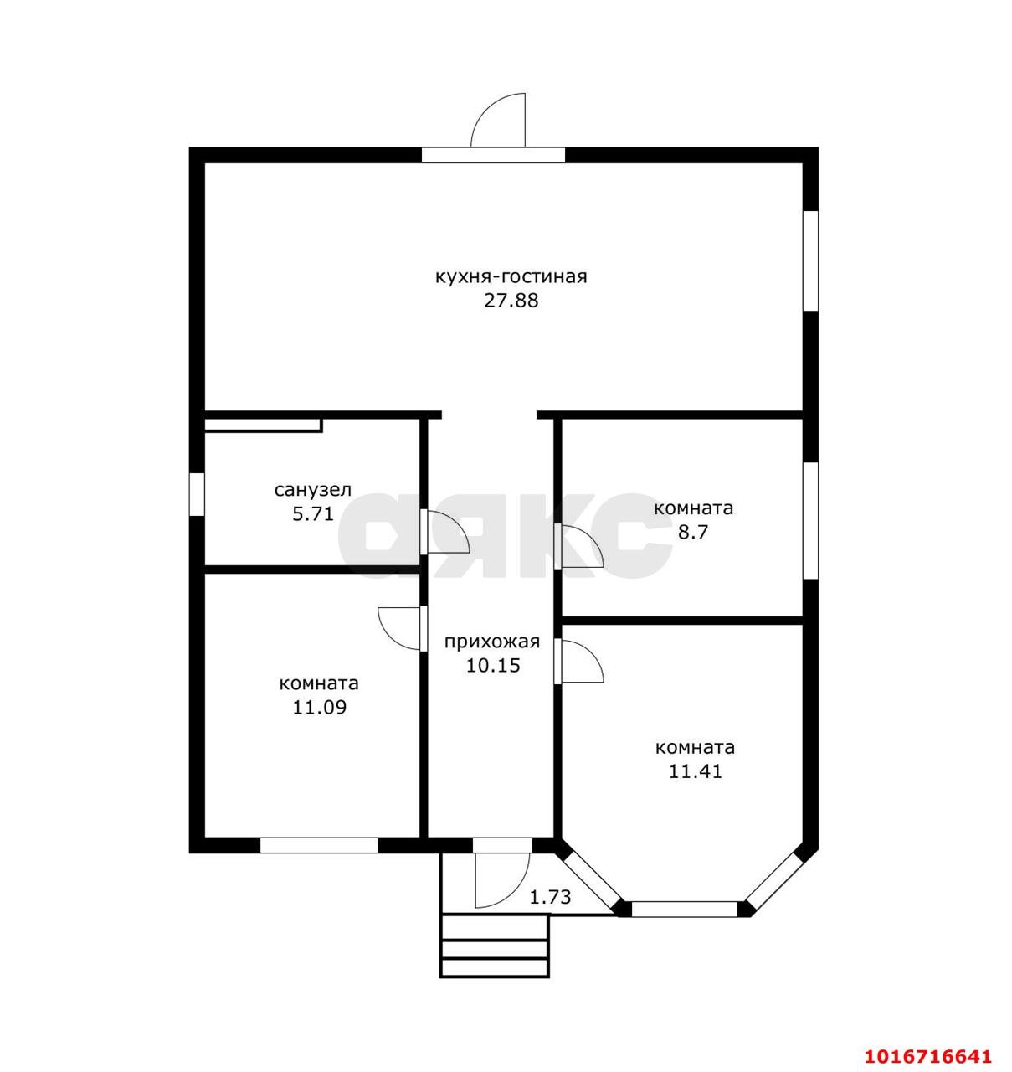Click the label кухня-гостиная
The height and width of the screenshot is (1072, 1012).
coord(511,278)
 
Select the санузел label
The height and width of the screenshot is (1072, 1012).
coord(313,491)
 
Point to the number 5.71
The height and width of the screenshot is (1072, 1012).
coord(313,514)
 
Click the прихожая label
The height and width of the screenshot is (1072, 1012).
coord(492,642)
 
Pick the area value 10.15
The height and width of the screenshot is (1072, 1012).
coord(493,666)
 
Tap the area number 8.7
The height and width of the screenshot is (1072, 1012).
coord(693,533)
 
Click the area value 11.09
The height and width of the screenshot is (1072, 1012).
coord(320,708)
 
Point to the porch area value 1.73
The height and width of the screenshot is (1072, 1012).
coord(550,898)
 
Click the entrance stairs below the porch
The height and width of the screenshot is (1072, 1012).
coord(495,946)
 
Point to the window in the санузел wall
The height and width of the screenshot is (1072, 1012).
coord(197,494)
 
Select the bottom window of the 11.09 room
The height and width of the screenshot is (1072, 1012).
coord(319,846)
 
